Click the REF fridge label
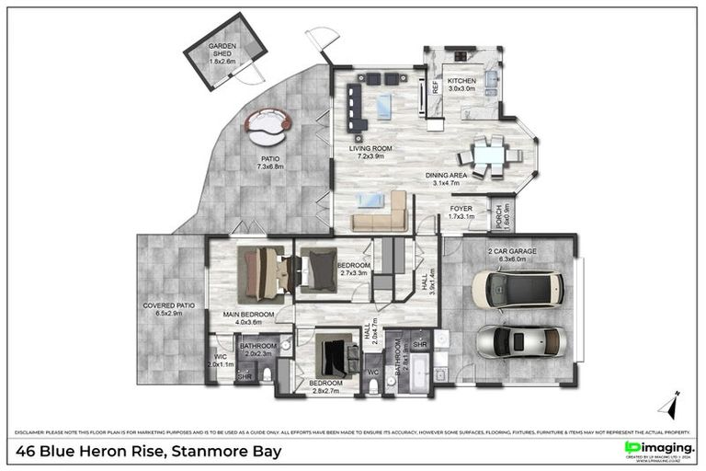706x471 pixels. (436, 89)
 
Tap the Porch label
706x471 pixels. (498, 217)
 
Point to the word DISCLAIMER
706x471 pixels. (34, 431)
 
